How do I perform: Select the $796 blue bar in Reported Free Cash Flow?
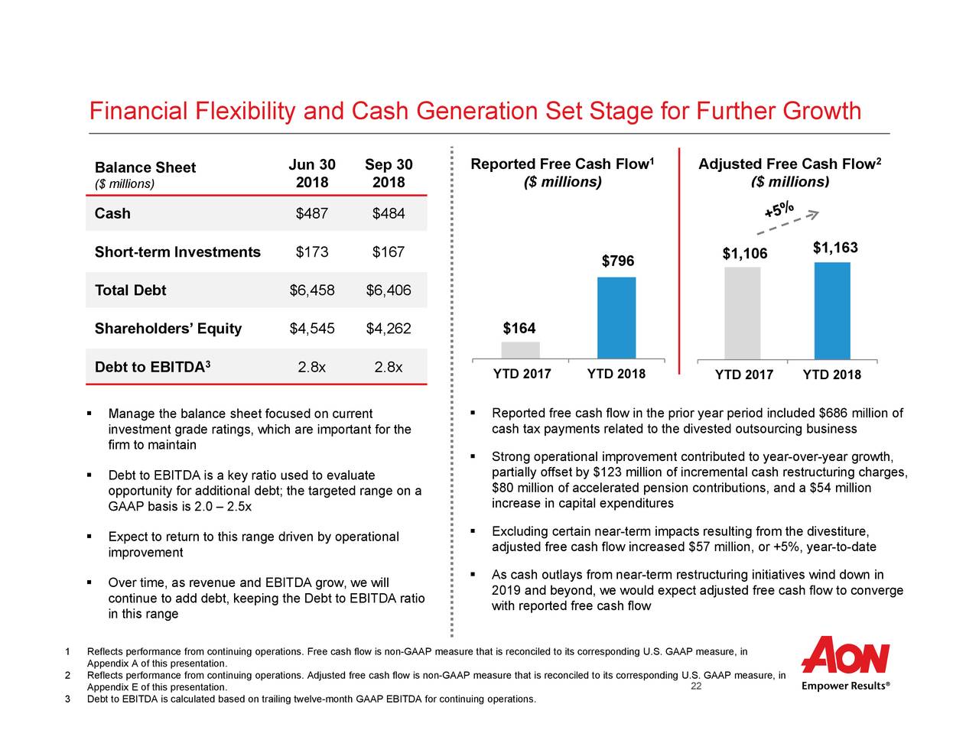[616, 317]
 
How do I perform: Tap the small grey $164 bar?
[520, 350]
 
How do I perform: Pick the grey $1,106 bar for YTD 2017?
[742, 313]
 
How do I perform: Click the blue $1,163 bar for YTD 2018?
[832, 310]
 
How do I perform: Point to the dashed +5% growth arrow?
[788, 219]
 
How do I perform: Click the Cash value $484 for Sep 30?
[389, 213]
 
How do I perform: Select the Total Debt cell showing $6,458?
[311, 290]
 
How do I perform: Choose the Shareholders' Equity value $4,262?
[389, 329]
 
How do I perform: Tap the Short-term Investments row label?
[177, 252]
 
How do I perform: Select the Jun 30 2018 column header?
[311, 174]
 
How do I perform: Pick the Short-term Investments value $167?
[389, 252]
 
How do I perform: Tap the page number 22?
[696, 686]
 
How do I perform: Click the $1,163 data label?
[834, 248]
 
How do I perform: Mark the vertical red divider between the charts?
[678, 252]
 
